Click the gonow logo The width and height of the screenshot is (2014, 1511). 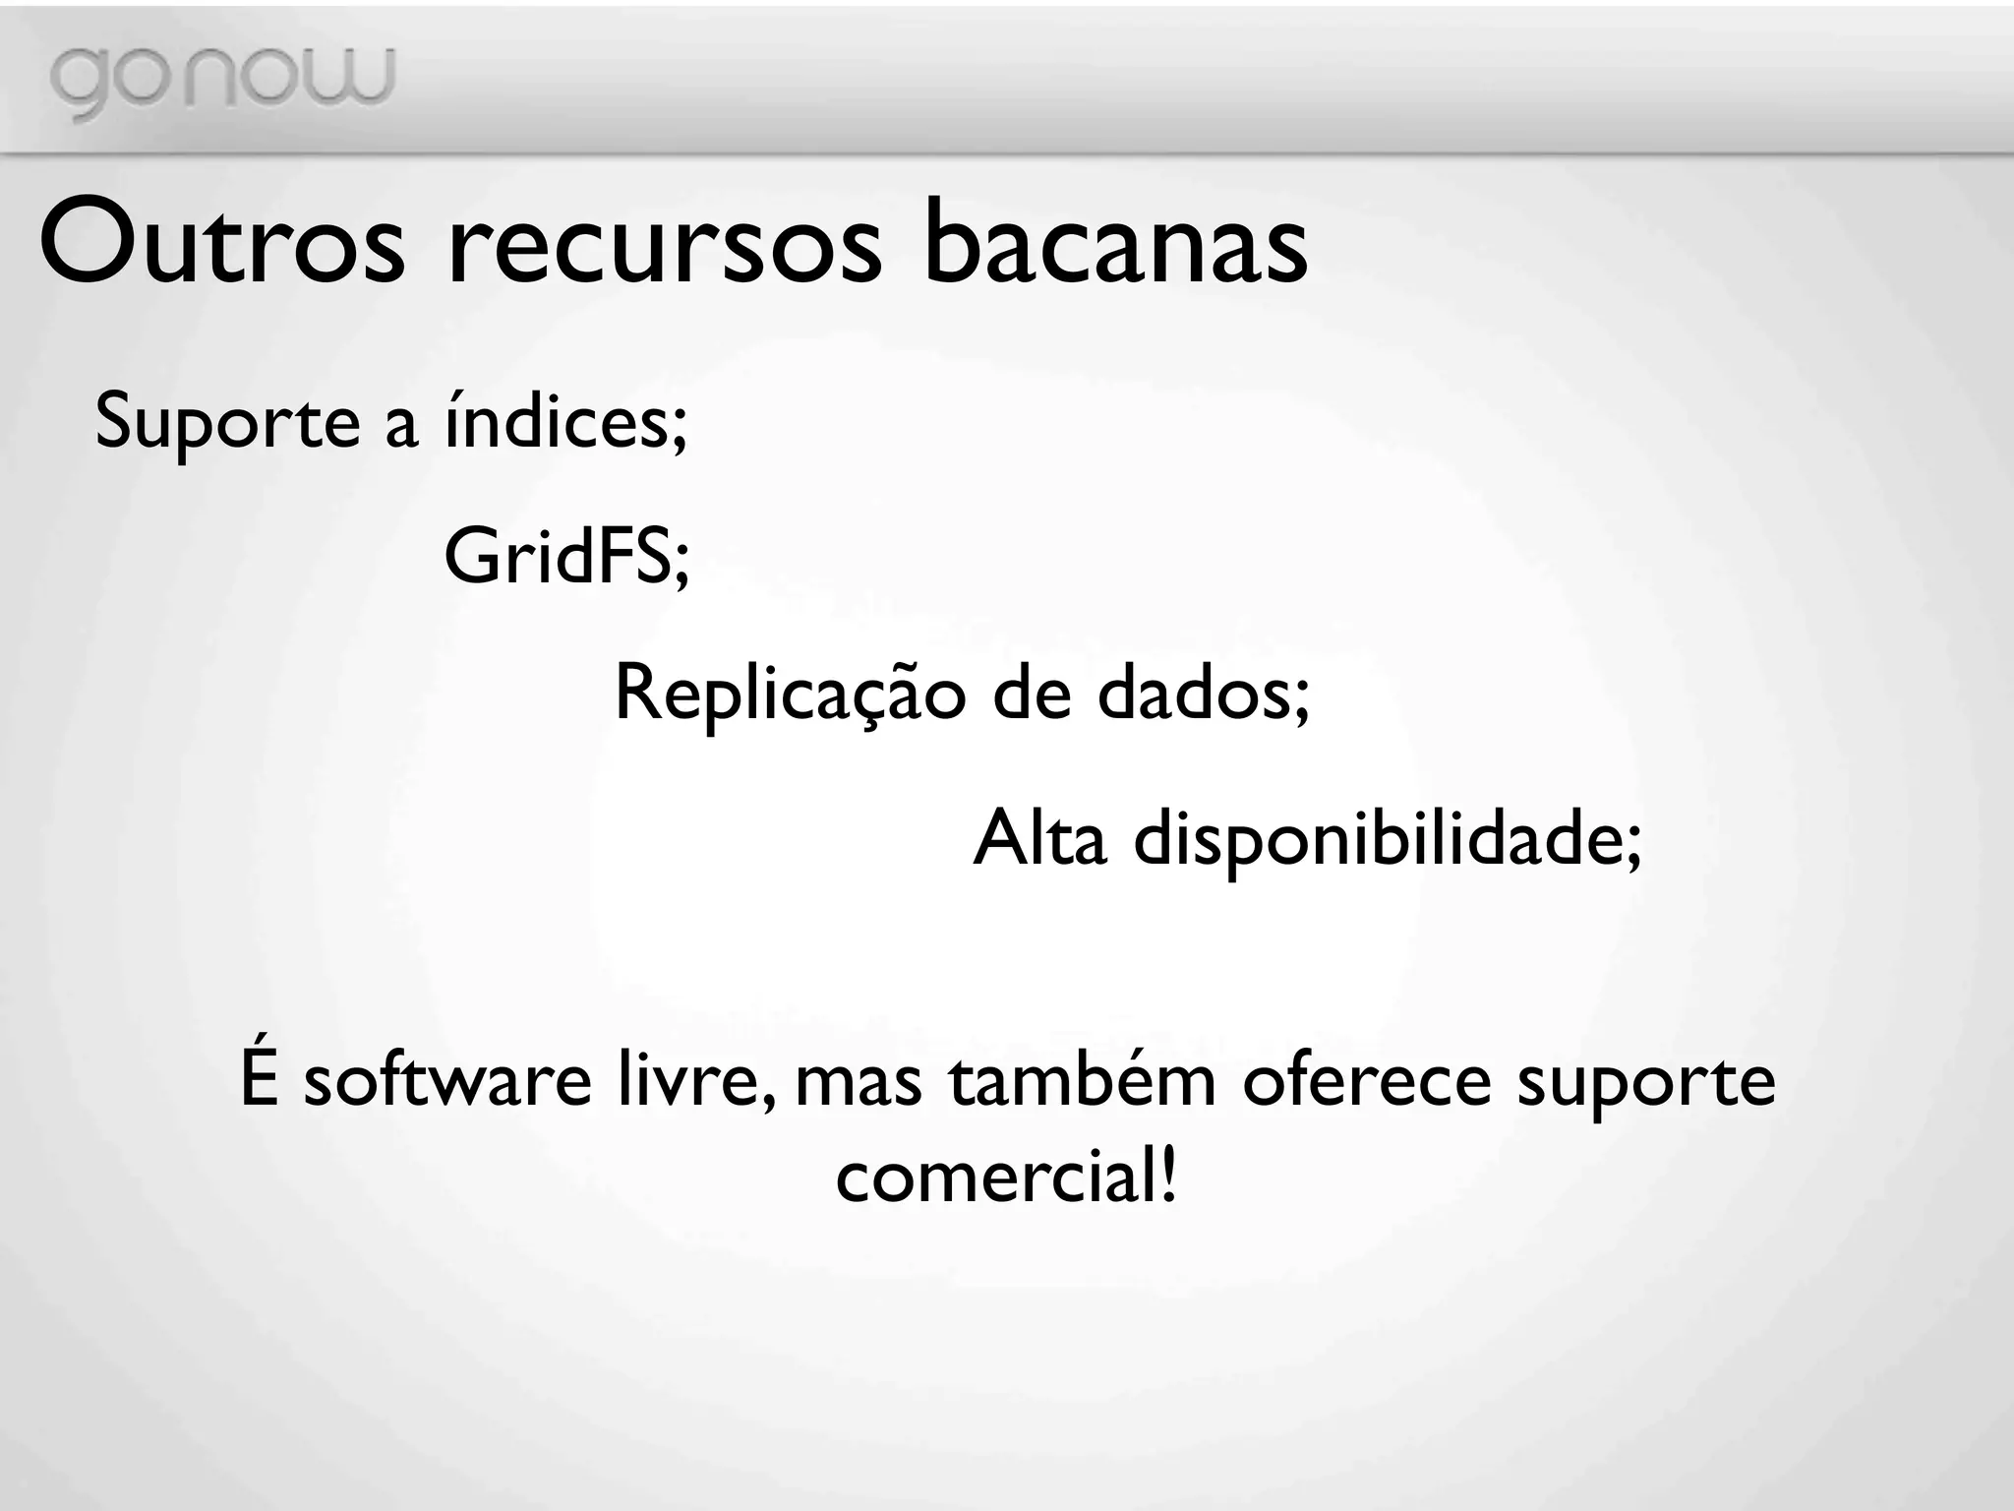click(x=222, y=81)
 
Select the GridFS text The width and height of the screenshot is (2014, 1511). click(x=566, y=557)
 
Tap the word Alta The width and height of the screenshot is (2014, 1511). click(x=1039, y=838)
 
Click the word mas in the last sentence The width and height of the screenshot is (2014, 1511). click(x=859, y=1082)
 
